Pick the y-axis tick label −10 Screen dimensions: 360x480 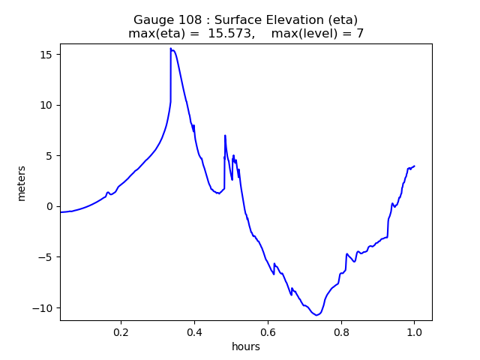tap(44, 308)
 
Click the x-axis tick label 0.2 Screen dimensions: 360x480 tap(121, 331)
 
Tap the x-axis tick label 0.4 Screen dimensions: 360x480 tap(194, 331)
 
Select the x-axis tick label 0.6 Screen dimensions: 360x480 tap(268, 331)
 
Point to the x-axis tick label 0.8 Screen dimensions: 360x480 tap(341, 331)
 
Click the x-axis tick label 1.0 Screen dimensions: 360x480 tap(414, 331)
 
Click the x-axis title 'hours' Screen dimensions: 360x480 tap(246, 346)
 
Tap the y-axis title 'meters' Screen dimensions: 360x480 tap(21, 183)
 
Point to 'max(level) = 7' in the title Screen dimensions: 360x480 tap(317, 33)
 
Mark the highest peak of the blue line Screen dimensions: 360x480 tap(171, 49)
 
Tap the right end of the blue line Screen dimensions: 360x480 tap(414, 166)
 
